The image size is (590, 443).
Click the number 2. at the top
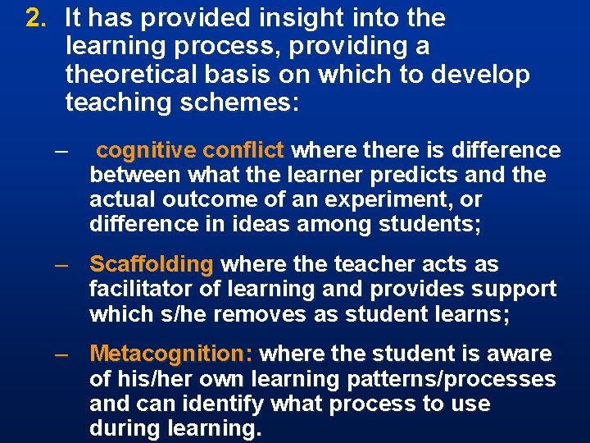36,18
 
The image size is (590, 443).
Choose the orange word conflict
243,150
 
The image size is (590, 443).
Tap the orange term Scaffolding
152,264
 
